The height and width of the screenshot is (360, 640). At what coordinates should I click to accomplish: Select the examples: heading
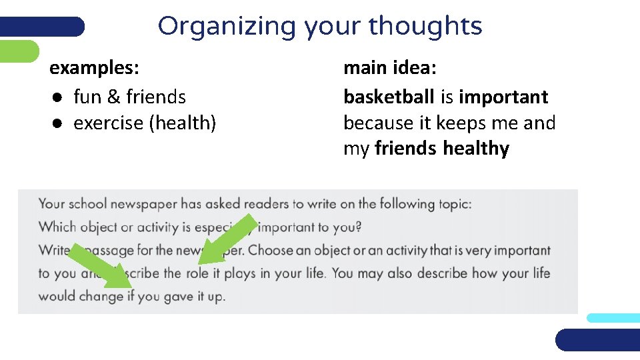pos(95,68)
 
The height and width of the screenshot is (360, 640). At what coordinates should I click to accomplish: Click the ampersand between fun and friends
pos(113,97)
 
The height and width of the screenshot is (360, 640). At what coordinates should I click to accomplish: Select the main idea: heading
pos(390,68)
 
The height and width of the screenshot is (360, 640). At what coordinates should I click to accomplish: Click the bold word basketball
pos(389,97)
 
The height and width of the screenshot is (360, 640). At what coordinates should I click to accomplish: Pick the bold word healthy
pos(476,149)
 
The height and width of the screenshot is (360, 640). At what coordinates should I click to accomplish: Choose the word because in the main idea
pos(379,123)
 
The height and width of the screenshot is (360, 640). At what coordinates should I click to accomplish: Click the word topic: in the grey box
pos(455,204)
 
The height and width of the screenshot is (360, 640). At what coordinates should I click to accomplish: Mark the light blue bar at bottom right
pos(613,318)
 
